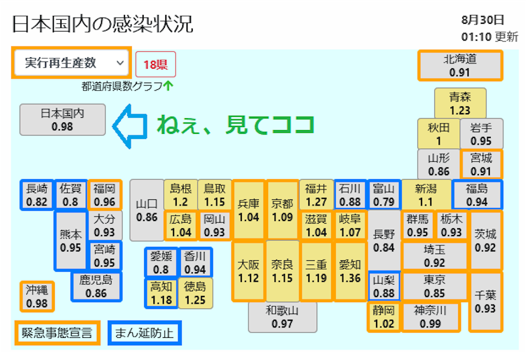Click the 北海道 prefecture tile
pos(459,66)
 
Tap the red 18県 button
pos(155,65)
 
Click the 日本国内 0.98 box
pos(63,119)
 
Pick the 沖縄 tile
pos(36,296)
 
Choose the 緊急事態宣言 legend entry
pos(56,333)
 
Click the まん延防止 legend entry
pos(144,333)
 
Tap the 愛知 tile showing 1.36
pos(350,271)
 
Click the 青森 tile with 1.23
pos(460,103)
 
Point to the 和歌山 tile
pos(282,317)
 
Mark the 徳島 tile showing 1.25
pos(195,293)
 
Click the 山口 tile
pos(147,210)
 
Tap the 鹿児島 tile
pos(96,287)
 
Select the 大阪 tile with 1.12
pos(248,271)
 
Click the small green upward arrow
pos(167,86)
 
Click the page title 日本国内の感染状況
pos(102,24)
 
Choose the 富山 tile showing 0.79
pos(384,195)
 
